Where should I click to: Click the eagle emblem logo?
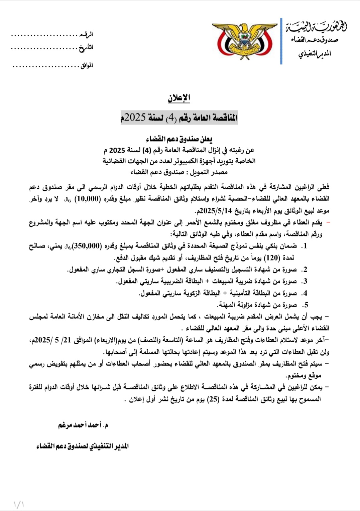[245, 40]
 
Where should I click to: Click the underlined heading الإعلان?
[179, 98]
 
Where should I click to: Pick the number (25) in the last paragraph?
[213, 399]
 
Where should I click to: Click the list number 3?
[305, 282]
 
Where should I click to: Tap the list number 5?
[305, 305]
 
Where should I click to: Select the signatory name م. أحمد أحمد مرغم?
[83, 425]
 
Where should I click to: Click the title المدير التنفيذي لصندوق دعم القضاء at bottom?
[83, 446]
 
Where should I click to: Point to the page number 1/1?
[19, 504]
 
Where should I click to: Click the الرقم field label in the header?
[86, 34]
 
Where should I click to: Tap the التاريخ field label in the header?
[86, 48]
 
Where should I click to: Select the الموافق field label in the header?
[87, 65]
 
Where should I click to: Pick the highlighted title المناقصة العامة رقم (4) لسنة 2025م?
[179, 118]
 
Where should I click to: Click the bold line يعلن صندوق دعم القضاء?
[179, 139]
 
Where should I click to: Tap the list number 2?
[305, 270]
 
